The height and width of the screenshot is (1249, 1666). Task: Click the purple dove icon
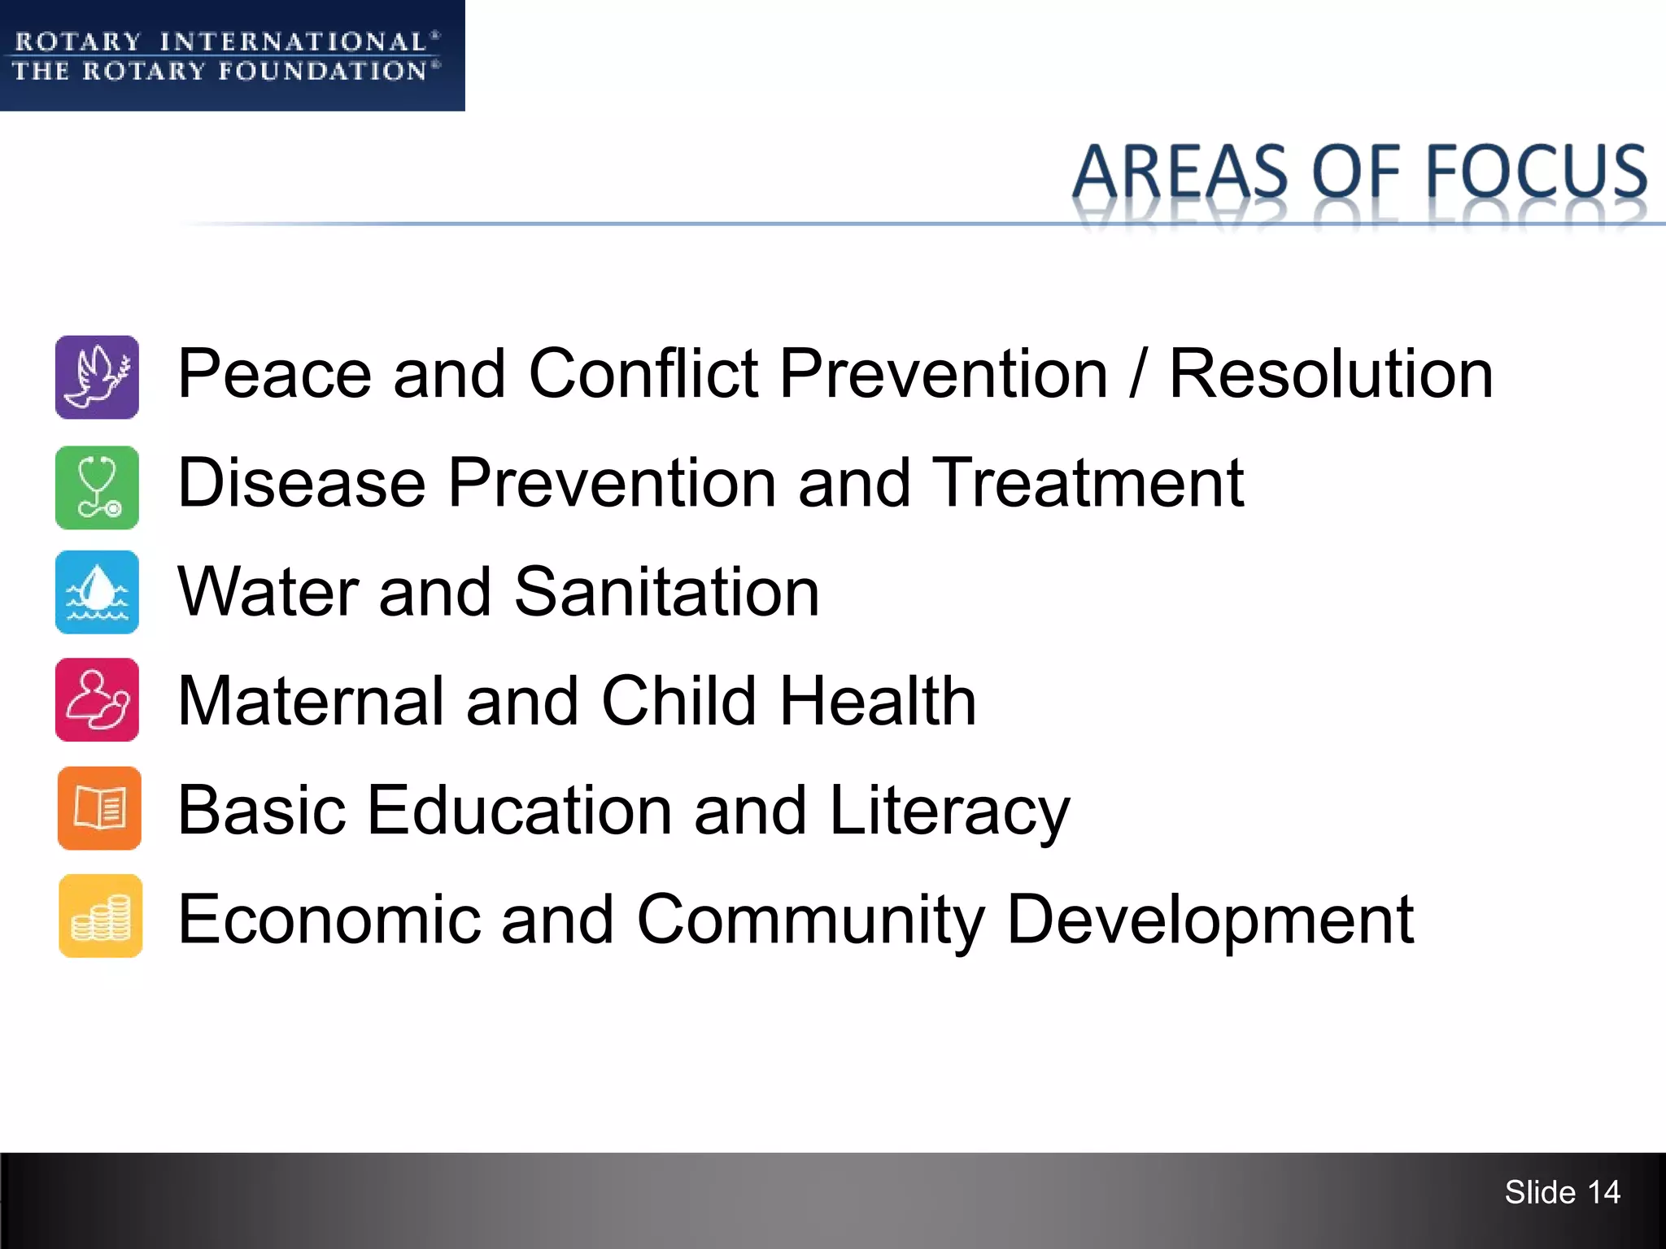point(97,377)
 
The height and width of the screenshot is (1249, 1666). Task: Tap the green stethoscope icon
point(97,488)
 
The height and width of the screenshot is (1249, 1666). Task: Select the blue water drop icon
point(97,592)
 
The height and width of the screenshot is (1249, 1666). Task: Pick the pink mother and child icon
point(97,699)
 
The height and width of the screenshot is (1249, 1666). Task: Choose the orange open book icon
point(99,808)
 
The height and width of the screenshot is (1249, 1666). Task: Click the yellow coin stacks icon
point(100,916)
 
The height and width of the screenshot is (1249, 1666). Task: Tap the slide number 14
point(1603,1192)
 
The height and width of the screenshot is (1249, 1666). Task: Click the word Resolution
point(1331,374)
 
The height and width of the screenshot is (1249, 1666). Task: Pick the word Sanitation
point(666,592)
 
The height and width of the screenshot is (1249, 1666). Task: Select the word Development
point(1210,920)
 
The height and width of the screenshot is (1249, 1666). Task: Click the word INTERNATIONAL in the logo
point(293,41)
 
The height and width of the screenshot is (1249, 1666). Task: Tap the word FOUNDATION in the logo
point(323,72)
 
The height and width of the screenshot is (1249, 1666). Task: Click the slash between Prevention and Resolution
point(1138,374)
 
